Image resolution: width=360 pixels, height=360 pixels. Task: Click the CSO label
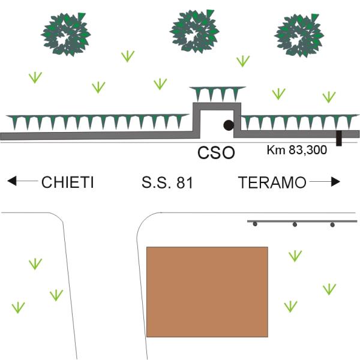coord(216,152)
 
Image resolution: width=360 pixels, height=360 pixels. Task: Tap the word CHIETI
coord(67,182)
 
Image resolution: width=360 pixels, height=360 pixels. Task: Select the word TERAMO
coord(272,182)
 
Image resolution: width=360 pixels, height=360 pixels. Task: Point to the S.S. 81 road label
coord(167,182)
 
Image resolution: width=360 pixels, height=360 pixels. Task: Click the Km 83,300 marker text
coord(296,150)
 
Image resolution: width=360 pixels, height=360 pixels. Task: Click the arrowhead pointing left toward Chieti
coord(12,181)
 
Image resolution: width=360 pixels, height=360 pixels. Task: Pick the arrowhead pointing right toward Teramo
coord(335,182)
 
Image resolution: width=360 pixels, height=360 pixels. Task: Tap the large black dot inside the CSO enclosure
coord(229,125)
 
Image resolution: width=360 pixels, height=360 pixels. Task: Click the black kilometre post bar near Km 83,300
coord(339,138)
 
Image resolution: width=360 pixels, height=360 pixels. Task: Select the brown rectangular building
coord(207,292)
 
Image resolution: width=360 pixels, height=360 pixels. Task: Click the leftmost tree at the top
coord(66,34)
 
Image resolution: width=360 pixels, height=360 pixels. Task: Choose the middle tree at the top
coord(194,31)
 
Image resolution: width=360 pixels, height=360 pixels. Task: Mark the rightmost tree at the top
coord(299,35)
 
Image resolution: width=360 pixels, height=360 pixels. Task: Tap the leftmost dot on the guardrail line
coord(255,224)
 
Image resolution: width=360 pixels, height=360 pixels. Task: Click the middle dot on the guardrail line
coord(295,224)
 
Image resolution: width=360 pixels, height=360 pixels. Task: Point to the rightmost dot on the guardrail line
coord(332,224)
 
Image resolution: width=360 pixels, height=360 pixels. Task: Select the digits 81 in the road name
coord(184,183)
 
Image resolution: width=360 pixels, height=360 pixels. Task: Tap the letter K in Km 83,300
coord(270,150)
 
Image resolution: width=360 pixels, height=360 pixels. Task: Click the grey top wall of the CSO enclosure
coord(217,106)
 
